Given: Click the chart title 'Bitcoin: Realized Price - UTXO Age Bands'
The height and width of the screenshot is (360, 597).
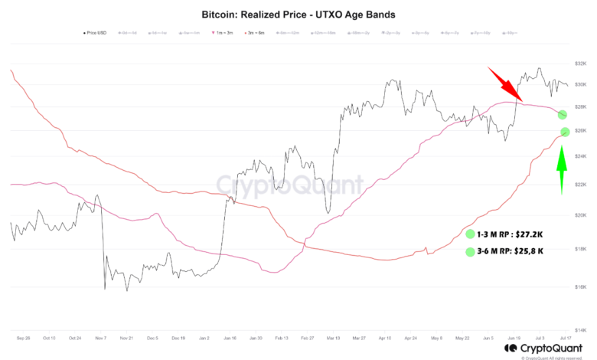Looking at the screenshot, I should (299, 14).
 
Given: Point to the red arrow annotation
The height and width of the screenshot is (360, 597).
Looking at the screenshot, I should (506, 84).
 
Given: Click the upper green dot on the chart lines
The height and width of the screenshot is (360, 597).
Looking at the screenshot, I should (563, 114).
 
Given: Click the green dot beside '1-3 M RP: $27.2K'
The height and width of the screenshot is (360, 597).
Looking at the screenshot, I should (469, 233).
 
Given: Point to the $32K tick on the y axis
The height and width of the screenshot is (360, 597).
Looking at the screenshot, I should (579, 64).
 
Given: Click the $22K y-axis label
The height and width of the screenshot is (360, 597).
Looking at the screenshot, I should (579, 185).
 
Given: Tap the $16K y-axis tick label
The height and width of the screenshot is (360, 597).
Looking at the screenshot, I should (579, 285).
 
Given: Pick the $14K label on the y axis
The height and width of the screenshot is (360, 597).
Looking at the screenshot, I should (579, 327).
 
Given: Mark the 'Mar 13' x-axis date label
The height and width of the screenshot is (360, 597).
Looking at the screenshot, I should (333, 338).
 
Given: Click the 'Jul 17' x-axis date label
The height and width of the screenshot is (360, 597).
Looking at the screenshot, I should (565, 338).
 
